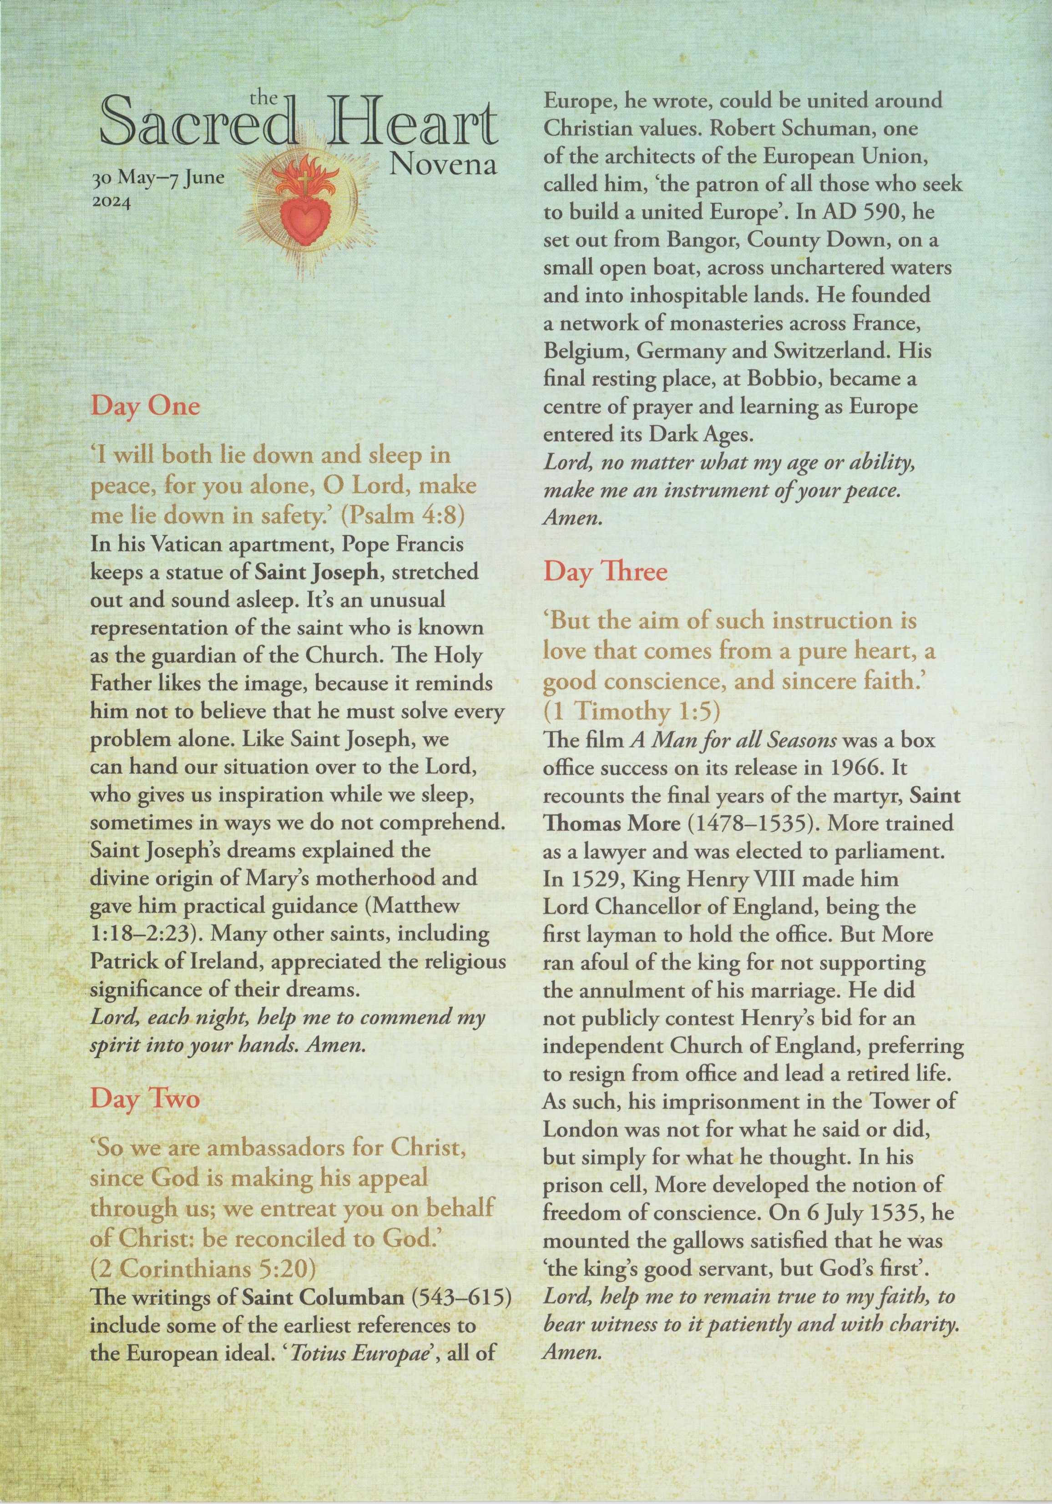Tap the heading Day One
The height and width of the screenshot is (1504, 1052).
[x=145, y=406]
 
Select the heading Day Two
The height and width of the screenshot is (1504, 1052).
[x=144, y=1097]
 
